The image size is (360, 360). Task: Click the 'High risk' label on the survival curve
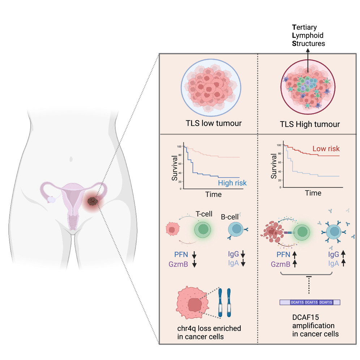tap(232, 183)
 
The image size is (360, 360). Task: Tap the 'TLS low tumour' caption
tap(212, 124)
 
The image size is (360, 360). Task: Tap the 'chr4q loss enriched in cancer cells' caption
tap(207, 333)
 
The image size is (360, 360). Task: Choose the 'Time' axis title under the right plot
tap(313, 193)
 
